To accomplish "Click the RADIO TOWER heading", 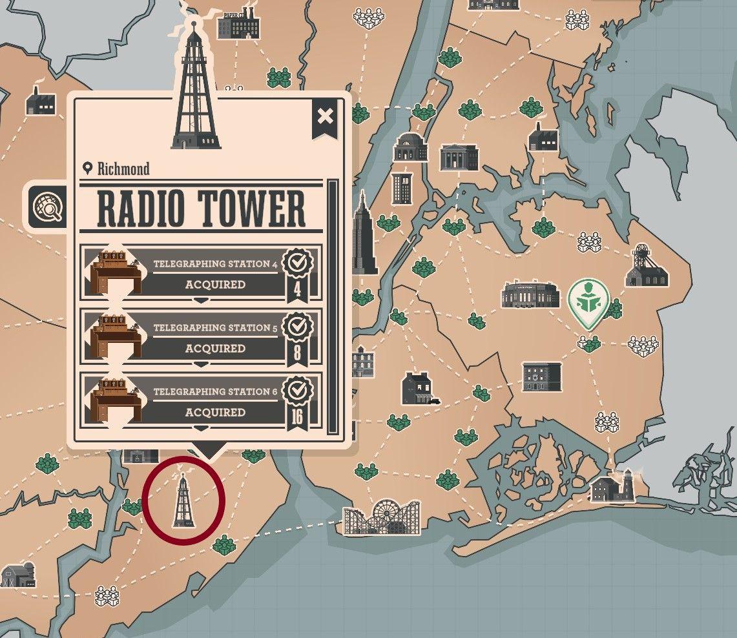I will [x=201, y=209].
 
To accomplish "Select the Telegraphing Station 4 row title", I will [x=215, y=263].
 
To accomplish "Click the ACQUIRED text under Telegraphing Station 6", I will [x=215, y=413].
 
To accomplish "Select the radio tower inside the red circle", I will [x=183, y=500].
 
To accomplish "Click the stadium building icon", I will [x=530, y=294].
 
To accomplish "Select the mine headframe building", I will [x=646, y=266].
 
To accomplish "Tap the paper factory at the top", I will [x=238, y=25].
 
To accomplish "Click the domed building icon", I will [x=410, y=147].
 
